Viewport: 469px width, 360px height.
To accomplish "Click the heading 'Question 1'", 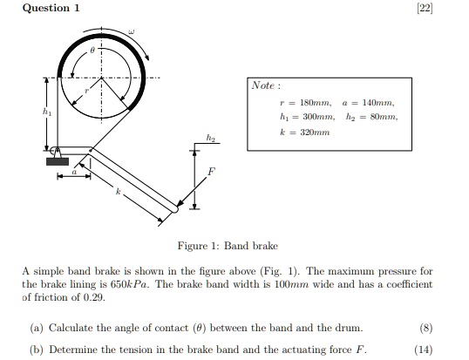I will tap(51, 8).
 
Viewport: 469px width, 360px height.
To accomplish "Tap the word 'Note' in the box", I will tap(263, 85).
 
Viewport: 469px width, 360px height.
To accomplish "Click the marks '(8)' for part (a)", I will tap(425, 328).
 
